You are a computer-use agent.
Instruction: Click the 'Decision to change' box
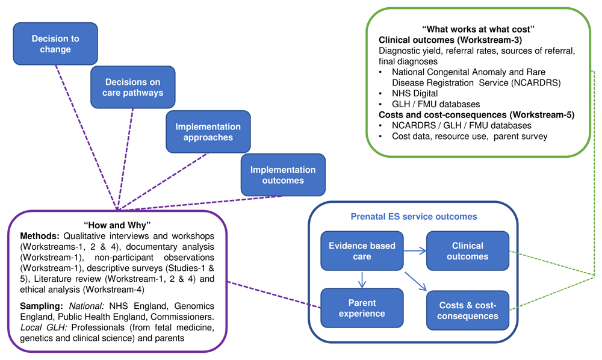[55, 44]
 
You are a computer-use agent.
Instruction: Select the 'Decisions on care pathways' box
[133, 87]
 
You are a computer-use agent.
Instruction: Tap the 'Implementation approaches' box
[208, 132]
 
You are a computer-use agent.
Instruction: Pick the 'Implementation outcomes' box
[283, 175]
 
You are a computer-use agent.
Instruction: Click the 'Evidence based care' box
[362, 251]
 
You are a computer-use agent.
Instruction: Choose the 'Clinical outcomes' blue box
[468, 251]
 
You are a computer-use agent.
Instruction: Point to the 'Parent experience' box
[362, 308]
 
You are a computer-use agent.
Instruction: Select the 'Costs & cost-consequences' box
[468, 311]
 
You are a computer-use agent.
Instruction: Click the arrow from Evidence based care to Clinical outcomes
[415, 251]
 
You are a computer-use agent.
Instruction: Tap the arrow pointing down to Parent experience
[362, 280]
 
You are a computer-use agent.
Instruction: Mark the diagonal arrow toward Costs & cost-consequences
[416, 281]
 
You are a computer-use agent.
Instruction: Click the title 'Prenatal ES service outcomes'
[414, 217]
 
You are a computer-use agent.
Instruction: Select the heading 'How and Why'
[117, 225]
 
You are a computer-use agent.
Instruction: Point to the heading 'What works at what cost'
[479, 29]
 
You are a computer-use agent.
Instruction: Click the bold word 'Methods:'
[40, 236]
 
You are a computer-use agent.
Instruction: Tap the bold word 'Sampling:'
[42, 306]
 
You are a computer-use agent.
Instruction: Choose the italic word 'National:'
[86, 306]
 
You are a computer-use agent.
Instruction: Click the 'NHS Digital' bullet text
[415, 94]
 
